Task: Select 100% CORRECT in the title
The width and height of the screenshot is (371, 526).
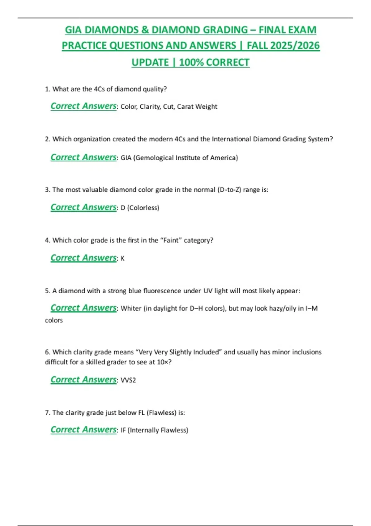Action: tap(214, 62)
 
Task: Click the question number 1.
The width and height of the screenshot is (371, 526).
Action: tap(47, 89)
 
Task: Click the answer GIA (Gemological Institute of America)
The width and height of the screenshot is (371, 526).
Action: tap(179, 158)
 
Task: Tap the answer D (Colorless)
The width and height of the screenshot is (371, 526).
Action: tap(140, 208)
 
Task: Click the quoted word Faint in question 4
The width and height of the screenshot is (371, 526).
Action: tap(171, 240)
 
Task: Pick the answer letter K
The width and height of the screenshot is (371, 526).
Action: tap(122, 259)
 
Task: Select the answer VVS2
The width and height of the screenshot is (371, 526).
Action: tap(128, 380)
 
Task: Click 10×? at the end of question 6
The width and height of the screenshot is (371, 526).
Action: tap(164, 362)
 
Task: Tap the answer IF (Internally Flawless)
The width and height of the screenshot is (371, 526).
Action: tap(154, 430)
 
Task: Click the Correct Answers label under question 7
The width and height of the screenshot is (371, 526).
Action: tap(83, 429)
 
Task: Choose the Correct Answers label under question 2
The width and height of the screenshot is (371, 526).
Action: tap(83, 157)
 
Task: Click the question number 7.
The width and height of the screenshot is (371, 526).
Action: tap(47, 413)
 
